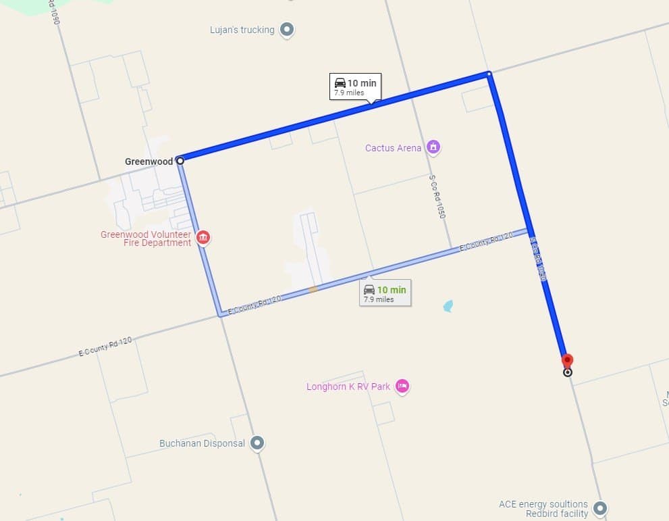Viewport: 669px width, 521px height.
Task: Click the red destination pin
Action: click(x=567, y=360)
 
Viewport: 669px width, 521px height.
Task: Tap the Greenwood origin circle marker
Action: click(x=180, y=161)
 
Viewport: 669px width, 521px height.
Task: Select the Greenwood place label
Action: click(x=149, y=162)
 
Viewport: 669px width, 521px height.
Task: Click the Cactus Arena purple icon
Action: click(x=433, y=147)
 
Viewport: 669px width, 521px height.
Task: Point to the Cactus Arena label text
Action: click(x=393, y=148)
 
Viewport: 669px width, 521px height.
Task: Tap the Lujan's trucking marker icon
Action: click(x=288, y=29)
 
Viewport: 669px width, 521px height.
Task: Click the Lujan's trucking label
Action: click(x=242, y=30)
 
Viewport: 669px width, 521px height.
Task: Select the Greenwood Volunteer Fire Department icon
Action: click(x=203, y=237)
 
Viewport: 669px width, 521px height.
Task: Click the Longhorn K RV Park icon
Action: click(x=402, y=386)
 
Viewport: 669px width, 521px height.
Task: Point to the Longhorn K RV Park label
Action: click(x=348, y=387)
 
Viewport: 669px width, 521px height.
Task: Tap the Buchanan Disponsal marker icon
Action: click(x=257, y=443)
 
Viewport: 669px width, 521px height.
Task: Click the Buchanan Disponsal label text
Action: click(x=202, y=444)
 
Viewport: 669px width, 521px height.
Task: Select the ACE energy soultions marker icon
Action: click(x=599, y=508)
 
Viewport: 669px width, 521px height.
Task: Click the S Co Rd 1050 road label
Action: click(x=437, y=197)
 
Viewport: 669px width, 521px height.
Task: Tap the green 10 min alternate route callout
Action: click(x=385, y=293)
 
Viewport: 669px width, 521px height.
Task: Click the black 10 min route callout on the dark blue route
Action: click(x=355, y=86)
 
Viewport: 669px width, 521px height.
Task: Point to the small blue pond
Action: click(x=448, y=306)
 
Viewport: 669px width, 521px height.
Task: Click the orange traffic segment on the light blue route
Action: click(x=312, y=289)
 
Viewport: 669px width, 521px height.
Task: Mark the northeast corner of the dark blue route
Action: click(x=489, y=73)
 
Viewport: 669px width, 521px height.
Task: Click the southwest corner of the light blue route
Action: click(x=220, y=314)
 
